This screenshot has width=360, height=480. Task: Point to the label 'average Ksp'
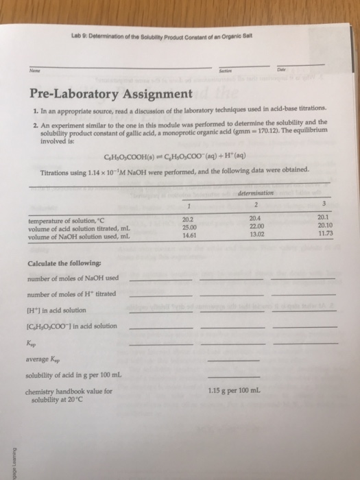point(47,359)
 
